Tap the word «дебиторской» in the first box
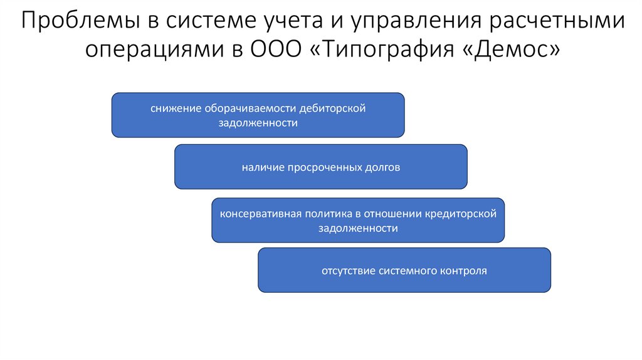point(332,109)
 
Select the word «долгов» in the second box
point(382,168)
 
